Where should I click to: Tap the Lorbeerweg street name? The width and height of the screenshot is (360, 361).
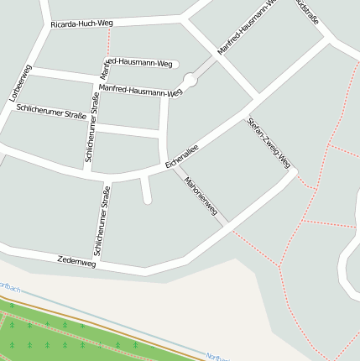click(x=21, y=83)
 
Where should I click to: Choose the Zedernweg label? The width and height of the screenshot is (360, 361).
click(x=76, y=261)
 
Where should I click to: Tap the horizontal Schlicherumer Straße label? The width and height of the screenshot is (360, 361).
click(x=51, y=112)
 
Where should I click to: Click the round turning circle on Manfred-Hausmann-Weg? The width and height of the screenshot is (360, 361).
click(x=190, y=80)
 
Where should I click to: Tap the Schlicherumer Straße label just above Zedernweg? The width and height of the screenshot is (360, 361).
click(x=102, y=221)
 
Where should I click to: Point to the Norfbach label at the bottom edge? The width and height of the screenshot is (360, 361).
click(x=217, y=356)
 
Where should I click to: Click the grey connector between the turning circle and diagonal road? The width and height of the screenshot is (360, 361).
click(x=204, y=66)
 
